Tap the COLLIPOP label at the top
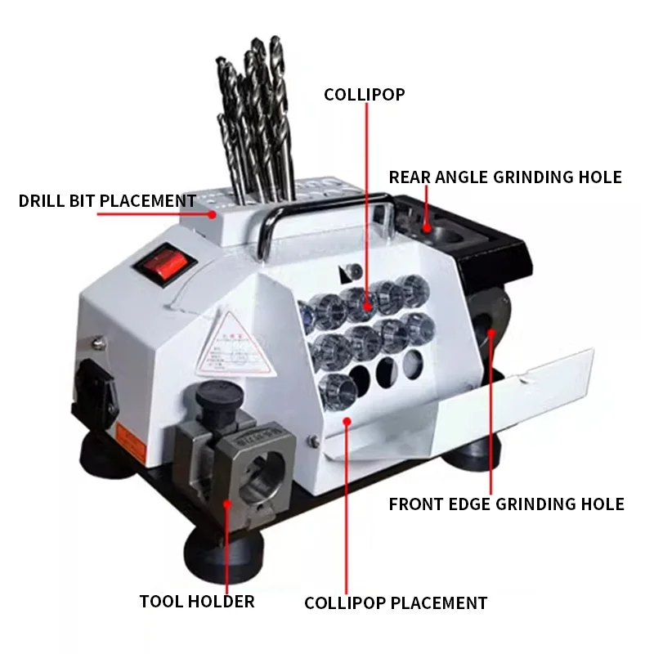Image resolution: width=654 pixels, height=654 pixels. pyautogui.click(x=364, y=94)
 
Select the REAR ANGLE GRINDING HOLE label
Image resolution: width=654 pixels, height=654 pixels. pyautogui.click(x=505, y=177)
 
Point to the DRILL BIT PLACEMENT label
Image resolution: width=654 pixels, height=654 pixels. pyautogui.click(x=107, y=200)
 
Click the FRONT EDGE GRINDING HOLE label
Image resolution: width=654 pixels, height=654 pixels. pyautogui.click(x=506, y=504)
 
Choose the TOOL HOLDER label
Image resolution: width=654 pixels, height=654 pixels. pyautogui.click(x=197, y=602)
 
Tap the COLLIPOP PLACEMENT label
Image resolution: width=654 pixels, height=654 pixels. pyautogui.click(x=396, y=603)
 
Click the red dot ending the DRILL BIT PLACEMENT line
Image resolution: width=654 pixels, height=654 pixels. pyautogui.click(x=214, y=214)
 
